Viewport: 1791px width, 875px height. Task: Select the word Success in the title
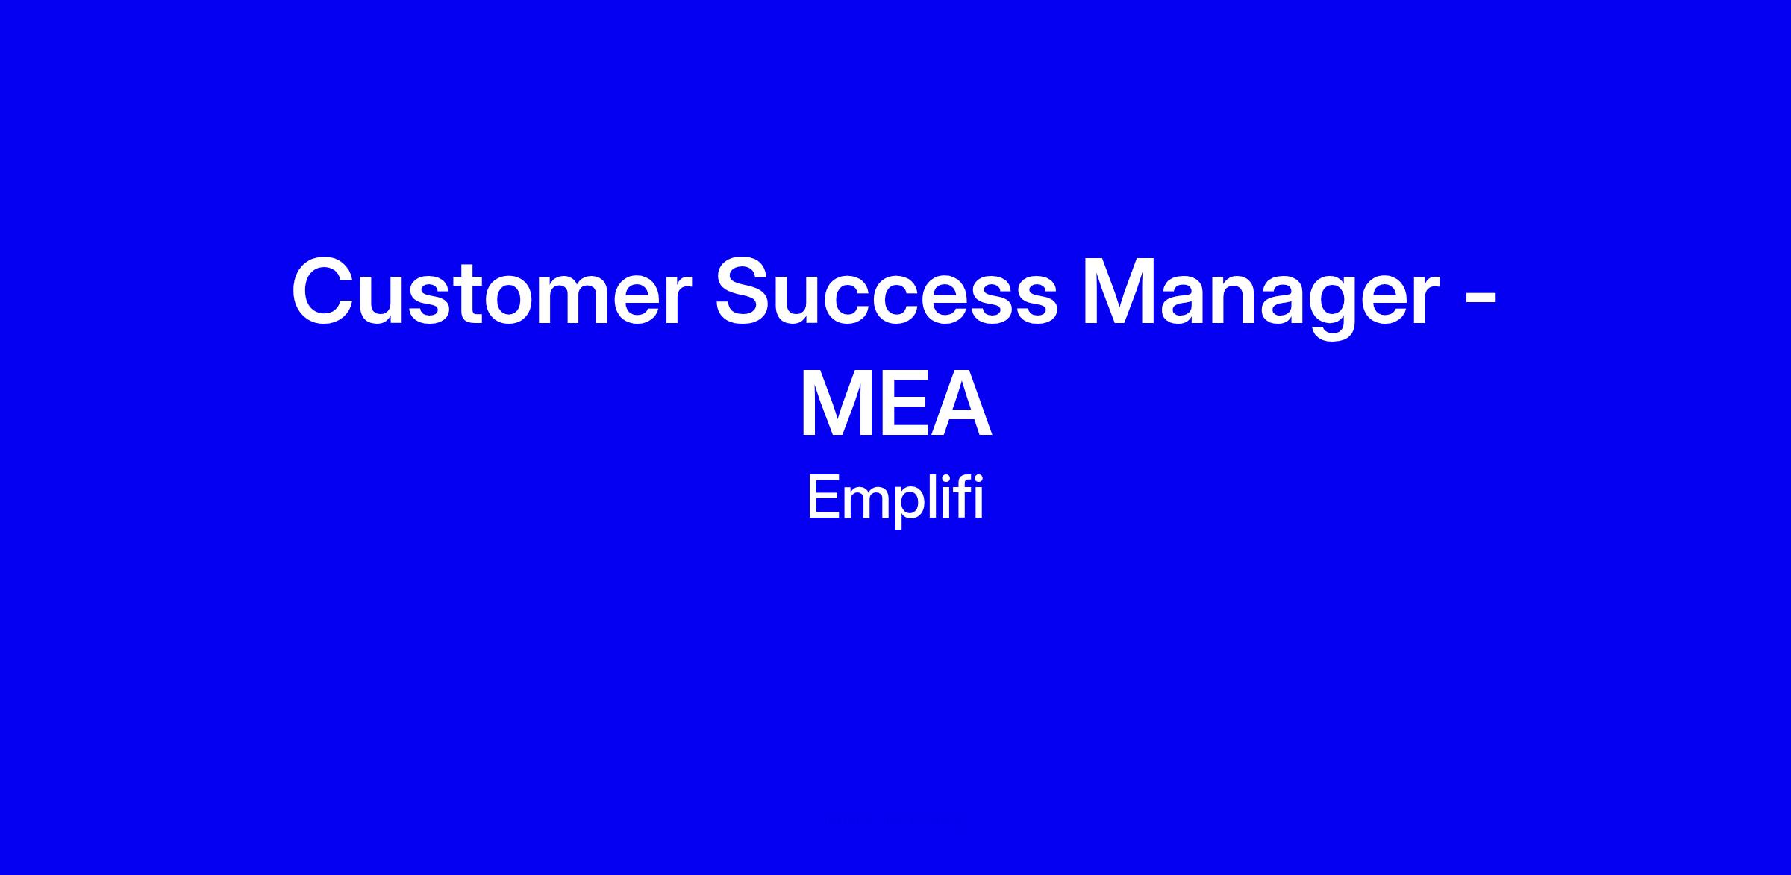point(887,292)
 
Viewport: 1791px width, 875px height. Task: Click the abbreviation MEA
point(895,404)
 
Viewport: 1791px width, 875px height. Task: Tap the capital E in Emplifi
point(822,498)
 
